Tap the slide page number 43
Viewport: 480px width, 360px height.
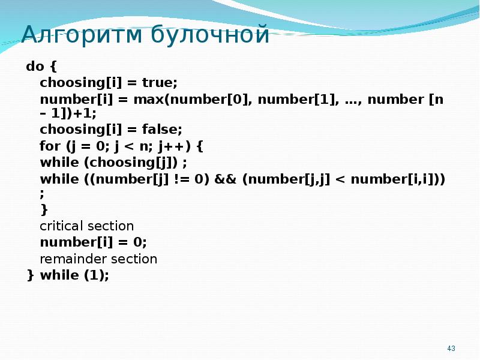coord(452,349)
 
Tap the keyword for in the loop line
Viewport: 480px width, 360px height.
coord(50,146)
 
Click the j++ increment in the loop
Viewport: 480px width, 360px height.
coord(180,146)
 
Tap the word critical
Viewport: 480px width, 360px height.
coord(61,226)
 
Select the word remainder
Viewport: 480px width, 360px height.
coord(67,259)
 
